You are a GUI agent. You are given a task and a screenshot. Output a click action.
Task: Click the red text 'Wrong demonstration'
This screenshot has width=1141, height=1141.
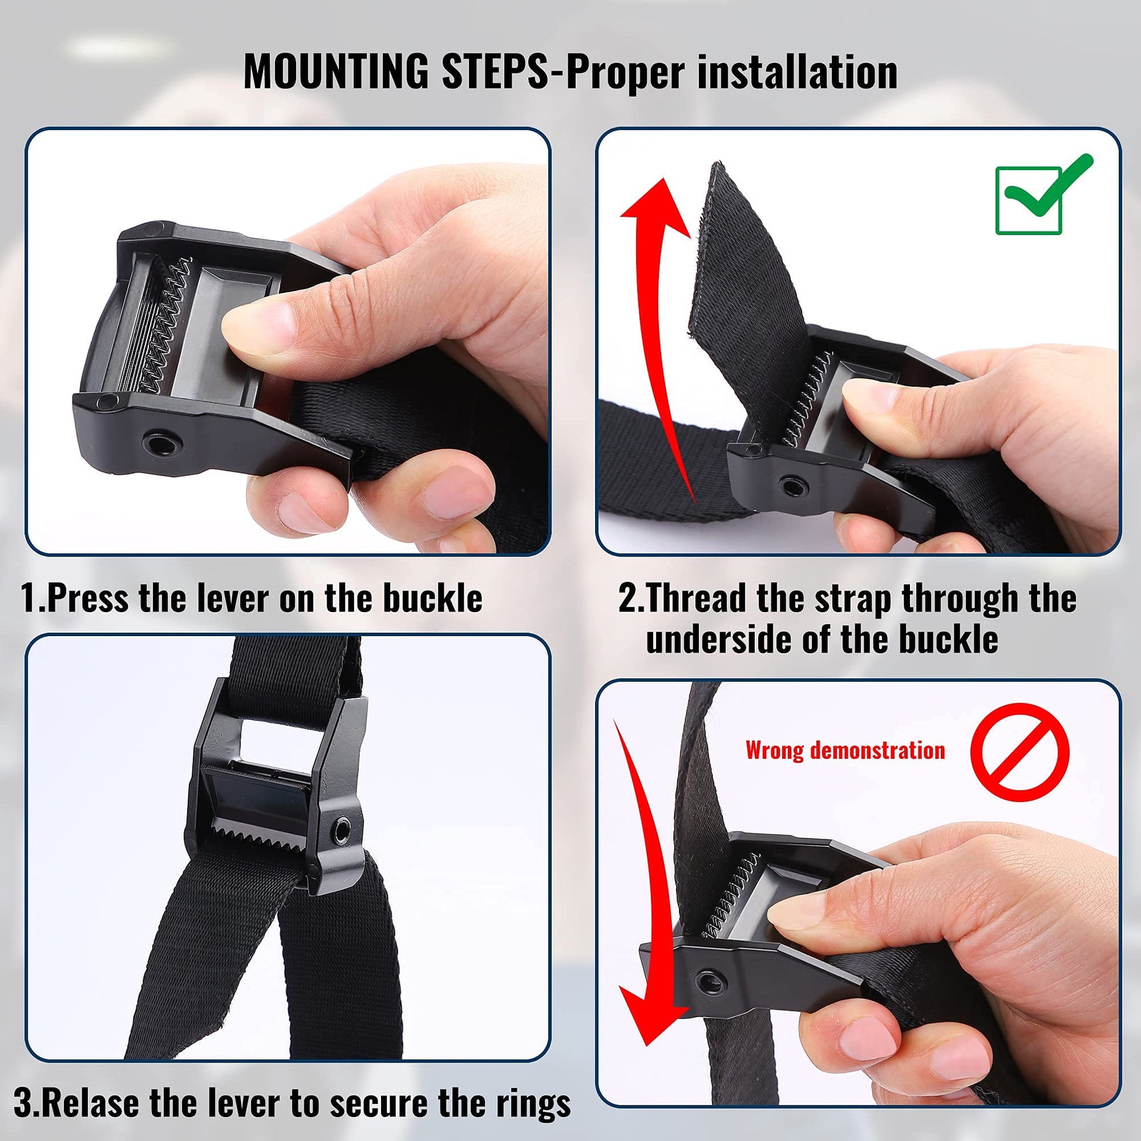845,750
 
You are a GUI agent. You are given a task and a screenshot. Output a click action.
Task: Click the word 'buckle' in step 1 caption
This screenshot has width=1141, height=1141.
432,598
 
